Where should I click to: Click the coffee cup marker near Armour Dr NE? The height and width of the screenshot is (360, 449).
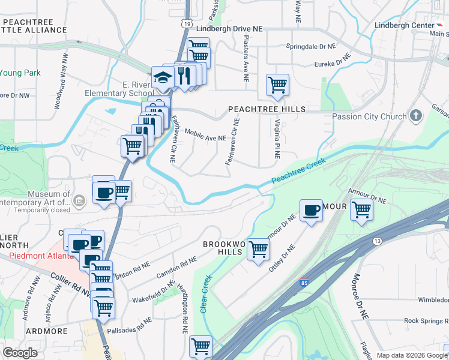[x=311, y=210]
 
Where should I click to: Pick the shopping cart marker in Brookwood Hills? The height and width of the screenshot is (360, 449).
[x=258, y=248]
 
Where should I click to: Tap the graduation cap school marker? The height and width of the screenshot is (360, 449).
[x=162, y=77]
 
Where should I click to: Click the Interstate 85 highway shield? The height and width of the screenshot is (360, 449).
[x=302, y=283]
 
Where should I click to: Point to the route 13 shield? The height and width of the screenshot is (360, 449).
[x=377, y=241]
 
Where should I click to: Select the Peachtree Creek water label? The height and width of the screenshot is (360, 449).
[x=298, y=172]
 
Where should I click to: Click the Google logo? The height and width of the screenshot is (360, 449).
[x=20, y=353]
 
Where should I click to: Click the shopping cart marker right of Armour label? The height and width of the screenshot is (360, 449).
[x=361, y=210]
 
